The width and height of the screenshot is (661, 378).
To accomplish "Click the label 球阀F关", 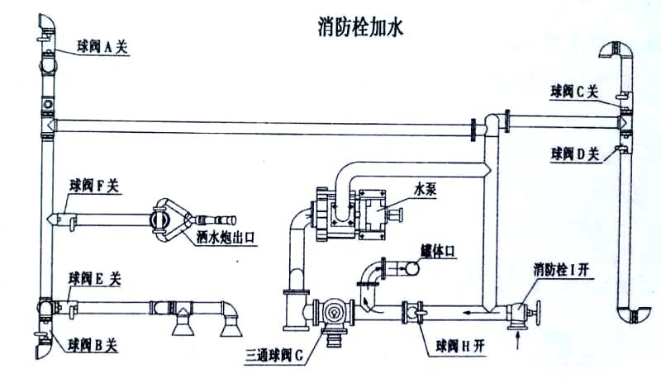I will coord(96,186).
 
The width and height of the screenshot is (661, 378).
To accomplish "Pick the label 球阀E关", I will coord(96,279).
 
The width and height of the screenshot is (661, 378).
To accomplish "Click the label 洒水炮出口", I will coord(229,238).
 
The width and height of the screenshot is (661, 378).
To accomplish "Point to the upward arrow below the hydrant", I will coord(517,336).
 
